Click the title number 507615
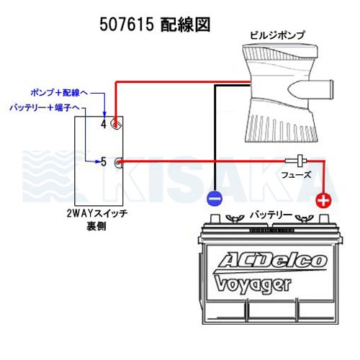127,24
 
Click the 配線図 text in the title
185,24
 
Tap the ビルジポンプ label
277,35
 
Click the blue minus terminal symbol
215,198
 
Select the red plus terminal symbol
323,200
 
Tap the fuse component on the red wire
296,161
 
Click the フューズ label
296,175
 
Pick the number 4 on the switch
104,124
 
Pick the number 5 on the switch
104,162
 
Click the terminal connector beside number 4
116,124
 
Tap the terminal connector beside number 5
119,163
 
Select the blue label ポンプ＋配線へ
59,93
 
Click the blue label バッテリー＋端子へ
45,108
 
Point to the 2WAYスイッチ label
97,214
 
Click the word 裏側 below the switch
96,226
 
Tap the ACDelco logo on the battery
271,261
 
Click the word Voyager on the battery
253,284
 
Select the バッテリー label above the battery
271,215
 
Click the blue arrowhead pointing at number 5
98,162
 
